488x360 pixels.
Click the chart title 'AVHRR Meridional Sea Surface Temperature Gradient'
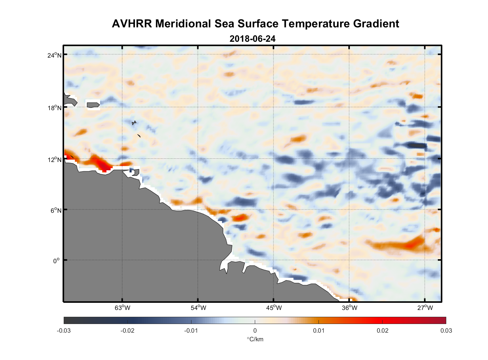click(x=255, y=24)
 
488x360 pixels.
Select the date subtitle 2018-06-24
click(x=252, y=39)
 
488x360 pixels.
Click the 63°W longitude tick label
click(x=122, y=308)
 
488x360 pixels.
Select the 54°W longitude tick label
click(x=198, y=308)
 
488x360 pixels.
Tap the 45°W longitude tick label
click(x=274, y=308)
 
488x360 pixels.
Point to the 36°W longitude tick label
click(x=349, y=308)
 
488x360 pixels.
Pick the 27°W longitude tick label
click(x=425, y=308)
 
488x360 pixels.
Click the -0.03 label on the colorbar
click(x=64, y=330)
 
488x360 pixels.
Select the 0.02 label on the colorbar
click(x=382, y=330)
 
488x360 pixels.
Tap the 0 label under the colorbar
click(x=255, y=330)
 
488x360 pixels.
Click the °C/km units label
click(x=255, y=339)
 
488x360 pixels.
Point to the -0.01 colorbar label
click(x=191, y=330)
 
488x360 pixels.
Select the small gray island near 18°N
click(x=93, y=105)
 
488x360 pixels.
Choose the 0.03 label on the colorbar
click(x=446, y=330)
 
